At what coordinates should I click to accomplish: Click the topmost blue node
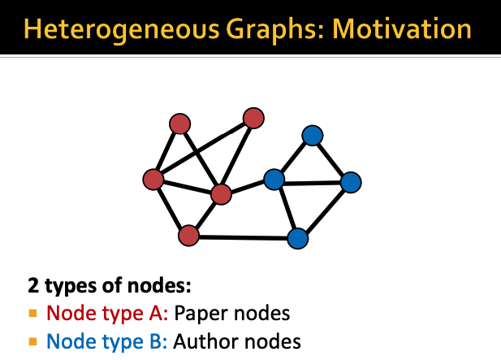tap(313, 135)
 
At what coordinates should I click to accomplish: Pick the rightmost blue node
tap(350, 182)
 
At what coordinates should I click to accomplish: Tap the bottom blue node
tap(298, 238)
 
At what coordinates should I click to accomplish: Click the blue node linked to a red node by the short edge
tap(274, 179)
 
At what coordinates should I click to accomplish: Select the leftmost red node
tap(153, 179)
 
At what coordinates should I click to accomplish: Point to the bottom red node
tap(188, 236)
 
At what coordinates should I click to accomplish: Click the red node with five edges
tap(221, 194)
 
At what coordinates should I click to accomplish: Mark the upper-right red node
tap(254, 118)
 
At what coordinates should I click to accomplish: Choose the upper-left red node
tap(179, 124)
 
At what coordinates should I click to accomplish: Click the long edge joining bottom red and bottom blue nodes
tap(244, 237)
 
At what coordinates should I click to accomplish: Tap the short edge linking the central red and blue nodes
tap(248, 187)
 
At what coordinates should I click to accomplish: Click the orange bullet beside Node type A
tap(33, 313)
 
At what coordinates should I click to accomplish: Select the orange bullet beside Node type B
tap(33, 340)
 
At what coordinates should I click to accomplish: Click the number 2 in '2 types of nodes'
tap(33, 287)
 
